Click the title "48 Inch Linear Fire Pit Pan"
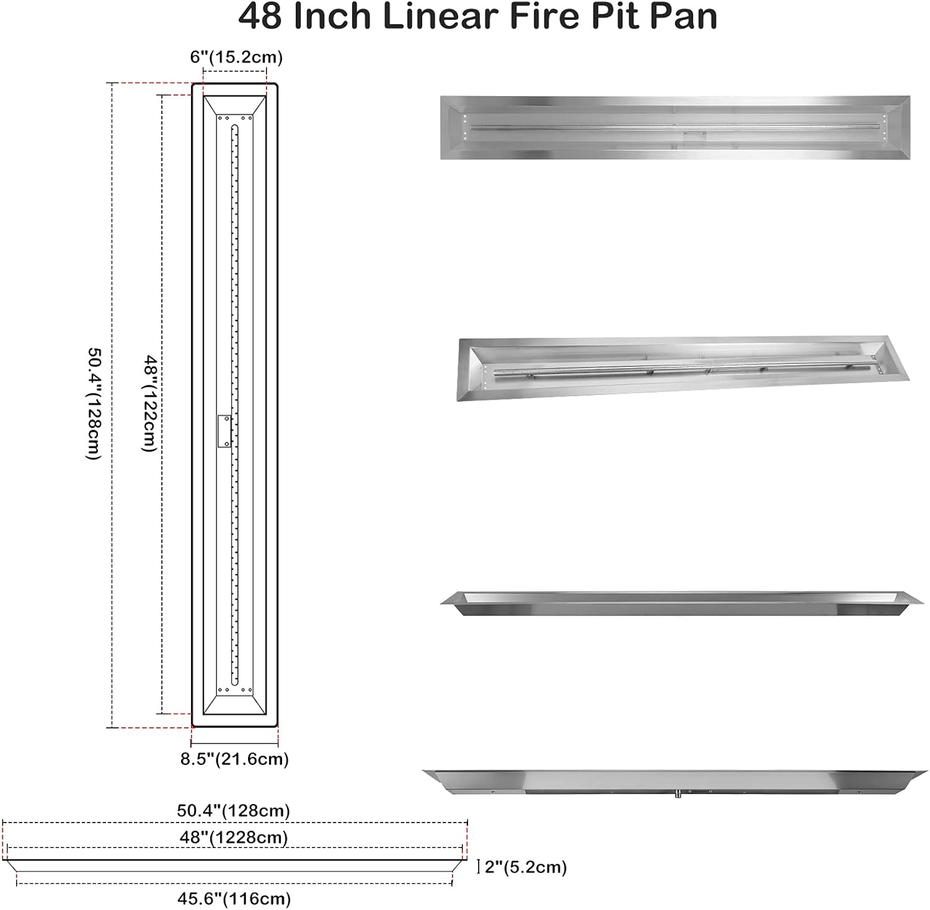477,17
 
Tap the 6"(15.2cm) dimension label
236,57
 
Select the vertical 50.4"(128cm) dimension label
93,403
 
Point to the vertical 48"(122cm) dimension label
149,403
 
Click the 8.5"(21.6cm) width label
234,759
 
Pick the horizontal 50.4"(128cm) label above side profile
233,810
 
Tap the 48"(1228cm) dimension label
234,837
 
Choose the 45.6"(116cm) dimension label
233,898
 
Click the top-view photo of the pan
675,127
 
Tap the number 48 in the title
260,17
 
